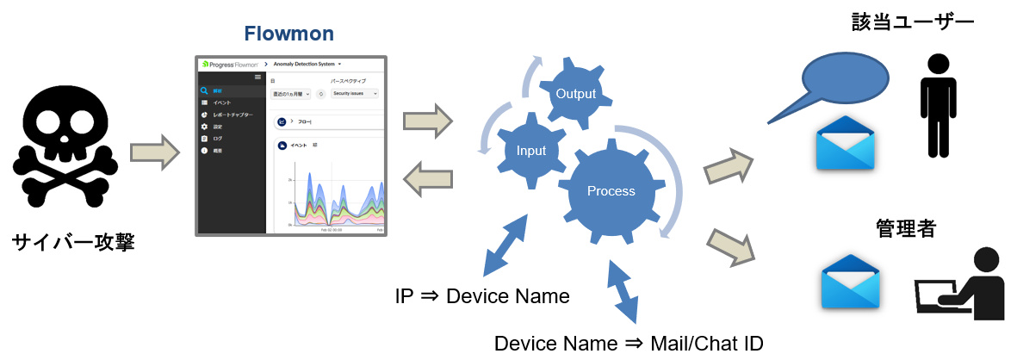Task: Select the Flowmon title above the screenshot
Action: (x=288, y=34)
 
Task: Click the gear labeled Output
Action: (x=575, y=93)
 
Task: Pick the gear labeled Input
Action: (x=530, y=150)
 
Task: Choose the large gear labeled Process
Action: (x=611, y=191)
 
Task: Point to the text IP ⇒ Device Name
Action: (x=481, y=296)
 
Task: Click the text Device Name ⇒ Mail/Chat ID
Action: (x=628, y=343)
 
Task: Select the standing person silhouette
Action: (x=938, y=104)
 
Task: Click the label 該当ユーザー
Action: (x=908, y=21)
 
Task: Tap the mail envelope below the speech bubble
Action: (x=846, y=142)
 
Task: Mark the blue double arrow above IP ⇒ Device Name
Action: (x=505, y=245)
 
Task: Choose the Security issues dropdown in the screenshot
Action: (x=355, y=93)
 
